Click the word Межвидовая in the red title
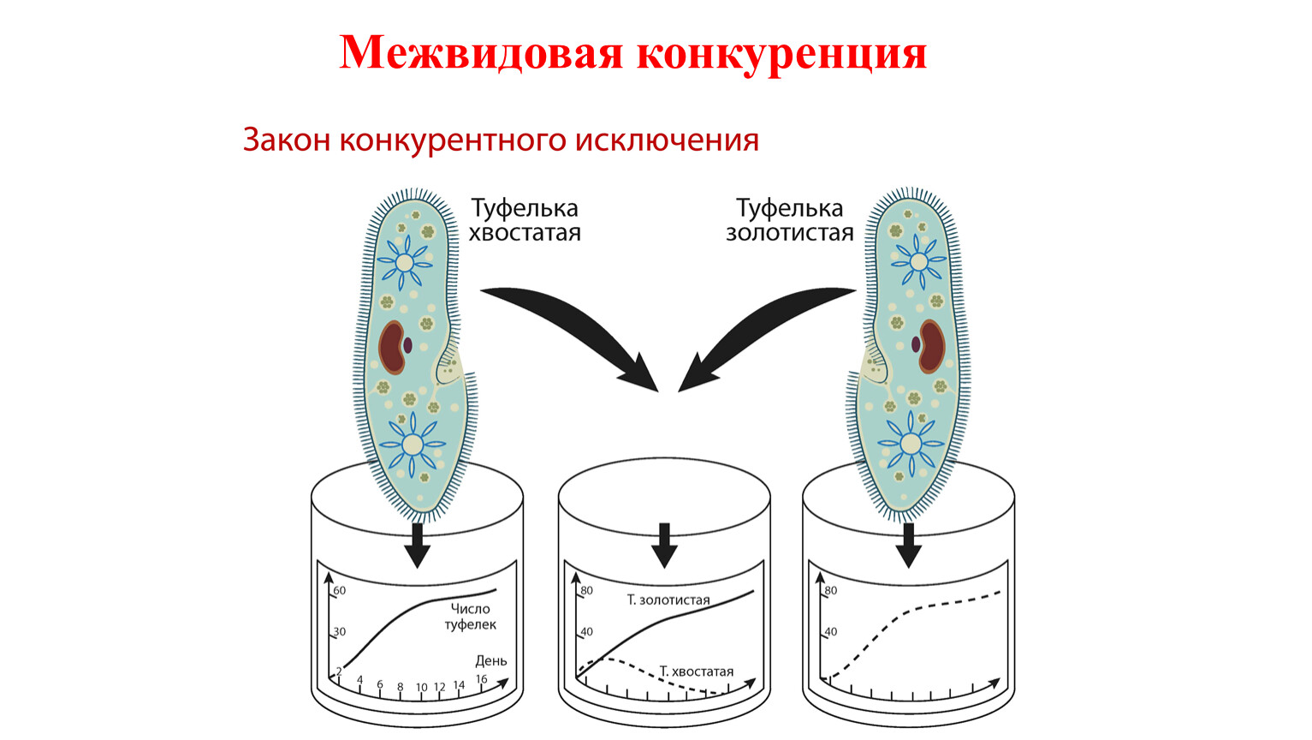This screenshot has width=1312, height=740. tap(480, 53)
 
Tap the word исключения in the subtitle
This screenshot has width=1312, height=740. tap(667, 140)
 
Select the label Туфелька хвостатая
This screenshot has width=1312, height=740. tap(525, 220)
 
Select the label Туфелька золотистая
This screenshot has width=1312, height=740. tap(790, 220)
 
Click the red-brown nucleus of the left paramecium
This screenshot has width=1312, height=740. tap(391, 347)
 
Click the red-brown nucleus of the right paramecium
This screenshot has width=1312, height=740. tap(932, 346)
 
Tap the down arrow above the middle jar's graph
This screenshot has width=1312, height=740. tap(664, 546)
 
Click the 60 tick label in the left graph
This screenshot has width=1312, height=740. tap(340, 590)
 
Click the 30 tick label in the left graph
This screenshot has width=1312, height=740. tap(340, 631)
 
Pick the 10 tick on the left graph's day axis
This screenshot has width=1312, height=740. tap(422, 687)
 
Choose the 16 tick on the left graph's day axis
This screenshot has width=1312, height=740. tap(482, 679)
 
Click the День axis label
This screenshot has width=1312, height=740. tap(491, 661)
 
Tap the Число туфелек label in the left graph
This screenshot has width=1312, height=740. tap(471, 617)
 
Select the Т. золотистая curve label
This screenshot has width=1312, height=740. tap(668, 600)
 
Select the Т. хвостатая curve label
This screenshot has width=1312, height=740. tap(697, 671)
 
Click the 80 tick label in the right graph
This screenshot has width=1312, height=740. tap(830, 590)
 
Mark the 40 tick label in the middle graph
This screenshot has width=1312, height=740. tap(586, 631)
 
